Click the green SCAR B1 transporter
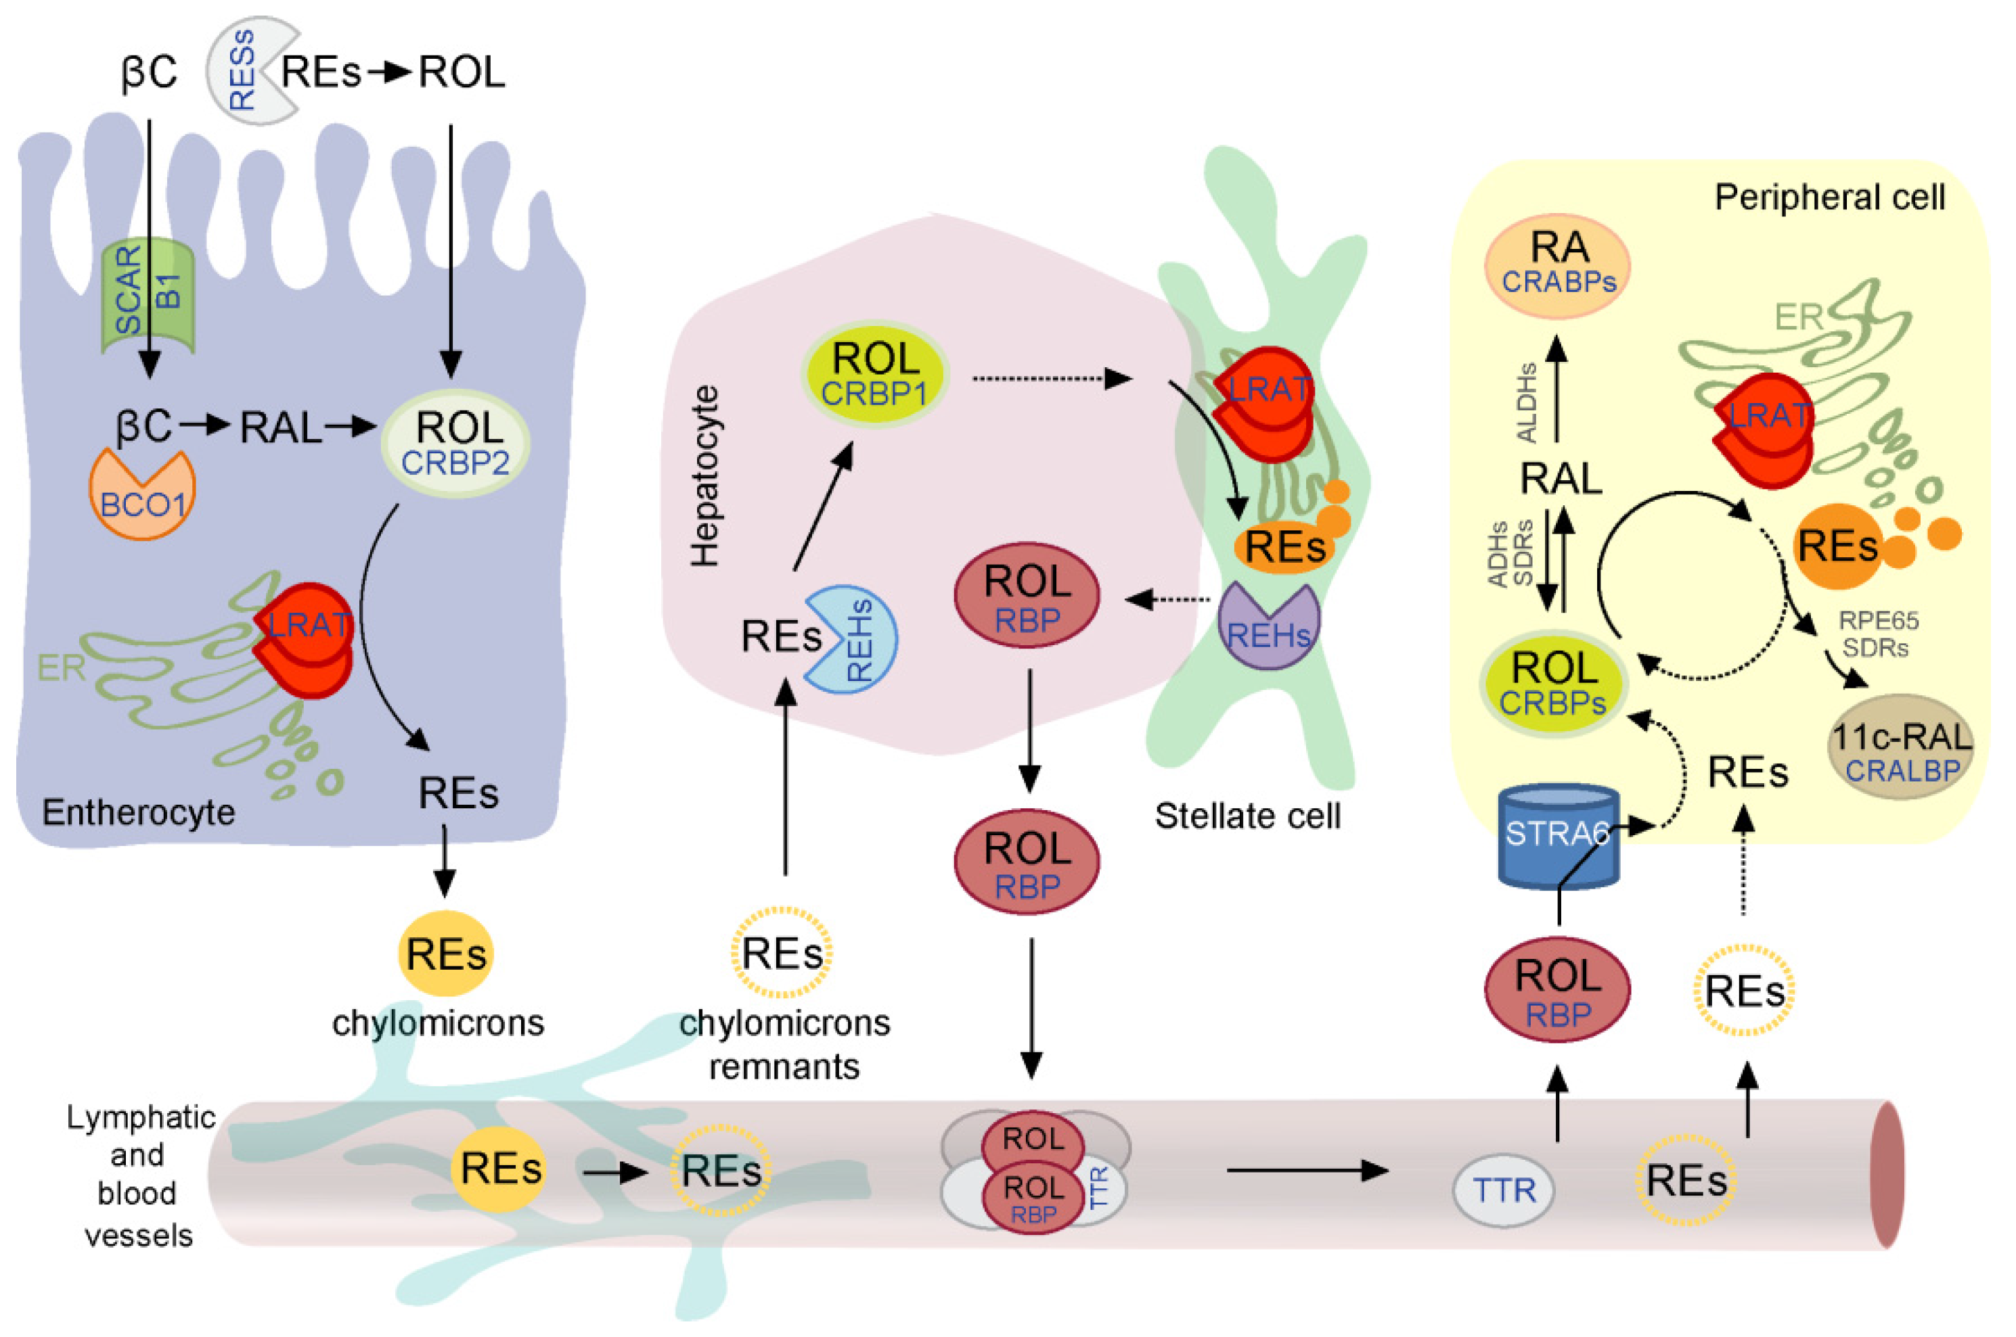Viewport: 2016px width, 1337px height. (x=148, y=294)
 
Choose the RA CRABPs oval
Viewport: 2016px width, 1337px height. (x=1558, y=265)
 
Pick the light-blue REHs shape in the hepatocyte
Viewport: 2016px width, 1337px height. (x=851, y=638)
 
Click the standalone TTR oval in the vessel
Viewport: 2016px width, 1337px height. (x=1503, y=1190)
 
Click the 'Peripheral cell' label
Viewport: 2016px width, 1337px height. (x=1829, y=198)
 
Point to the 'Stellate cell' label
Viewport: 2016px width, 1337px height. (x=1247, y=816)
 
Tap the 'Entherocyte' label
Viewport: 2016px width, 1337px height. (x=138, y=813)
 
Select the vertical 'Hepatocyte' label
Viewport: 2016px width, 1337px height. (x=704, y=476)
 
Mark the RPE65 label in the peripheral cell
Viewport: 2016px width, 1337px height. (x=1878, y=620)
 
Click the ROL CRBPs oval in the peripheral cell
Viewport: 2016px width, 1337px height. (x=1552, y=683)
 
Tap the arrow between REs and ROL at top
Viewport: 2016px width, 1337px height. (x=390, y=72)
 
